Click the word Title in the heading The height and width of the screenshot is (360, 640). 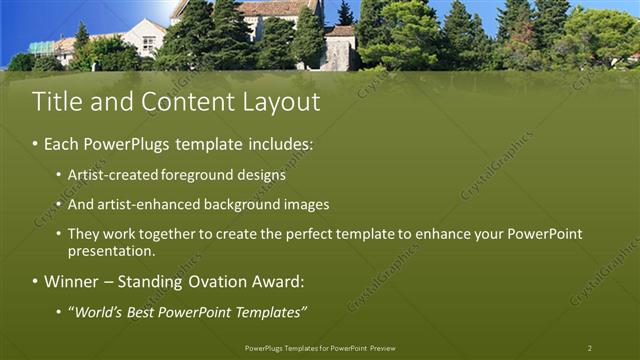pyautogui.click(x=56, y=102)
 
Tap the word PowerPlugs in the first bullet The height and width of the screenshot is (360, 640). pyautogui.click(x=125, y=144)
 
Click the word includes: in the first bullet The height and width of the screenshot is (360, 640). pyautogui.click(x=279, y=144)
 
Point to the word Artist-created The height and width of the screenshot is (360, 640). pyautogui.click(x=109, y=175)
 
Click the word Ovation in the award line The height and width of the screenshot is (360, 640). pyautogui.click(x=198, y=282)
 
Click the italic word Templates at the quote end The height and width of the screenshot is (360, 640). pyautogui.click(x=269, y=313)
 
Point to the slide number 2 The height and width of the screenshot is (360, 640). pyautogui.click(x=590, y=348)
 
